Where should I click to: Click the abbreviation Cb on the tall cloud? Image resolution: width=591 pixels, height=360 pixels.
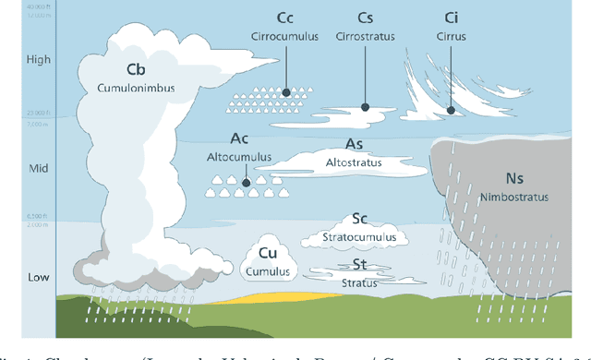(x=136, y=69)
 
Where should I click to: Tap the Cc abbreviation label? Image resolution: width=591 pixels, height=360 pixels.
(x=284, y=18)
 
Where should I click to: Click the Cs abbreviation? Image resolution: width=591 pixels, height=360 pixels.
(x=365, y=18)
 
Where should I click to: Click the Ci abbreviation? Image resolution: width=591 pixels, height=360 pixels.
(x=451, y=18)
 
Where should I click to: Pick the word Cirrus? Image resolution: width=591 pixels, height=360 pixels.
(x=451, y=37)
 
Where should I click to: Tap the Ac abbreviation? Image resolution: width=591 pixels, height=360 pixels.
(x=240, y=138)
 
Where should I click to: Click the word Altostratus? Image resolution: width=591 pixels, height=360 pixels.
(x=354, y=162)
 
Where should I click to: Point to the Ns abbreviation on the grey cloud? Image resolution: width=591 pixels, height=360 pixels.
(x=513, y=178)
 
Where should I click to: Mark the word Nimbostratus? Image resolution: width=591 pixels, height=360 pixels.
(x=513, y=197)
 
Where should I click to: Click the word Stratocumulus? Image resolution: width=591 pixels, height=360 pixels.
(x=361, y=237)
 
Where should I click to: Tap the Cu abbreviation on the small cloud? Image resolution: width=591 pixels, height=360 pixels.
(x=268, y=253)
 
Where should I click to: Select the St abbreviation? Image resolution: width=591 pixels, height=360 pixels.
(x=361, y=263)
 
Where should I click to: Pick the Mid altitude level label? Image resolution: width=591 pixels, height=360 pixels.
(x=28, y=169)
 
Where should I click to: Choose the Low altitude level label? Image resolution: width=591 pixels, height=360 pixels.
(x=28, y=277)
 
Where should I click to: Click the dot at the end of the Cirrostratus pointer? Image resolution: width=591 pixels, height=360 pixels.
(x=365, y=107)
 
